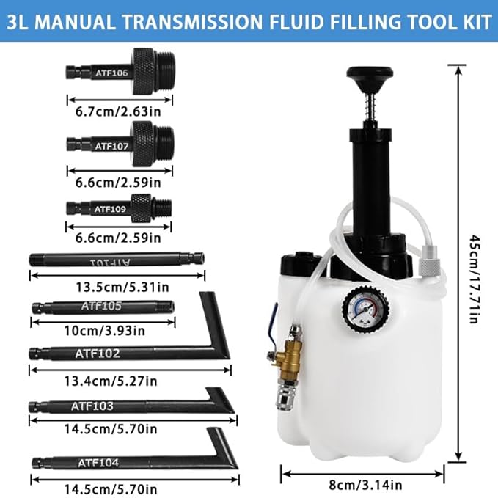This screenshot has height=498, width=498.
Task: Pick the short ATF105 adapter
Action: point(103,307)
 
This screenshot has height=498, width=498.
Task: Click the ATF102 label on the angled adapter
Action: point(97,353)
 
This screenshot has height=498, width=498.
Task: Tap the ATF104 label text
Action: point(98,462)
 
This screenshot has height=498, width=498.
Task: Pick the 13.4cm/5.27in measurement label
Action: point(116,381)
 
